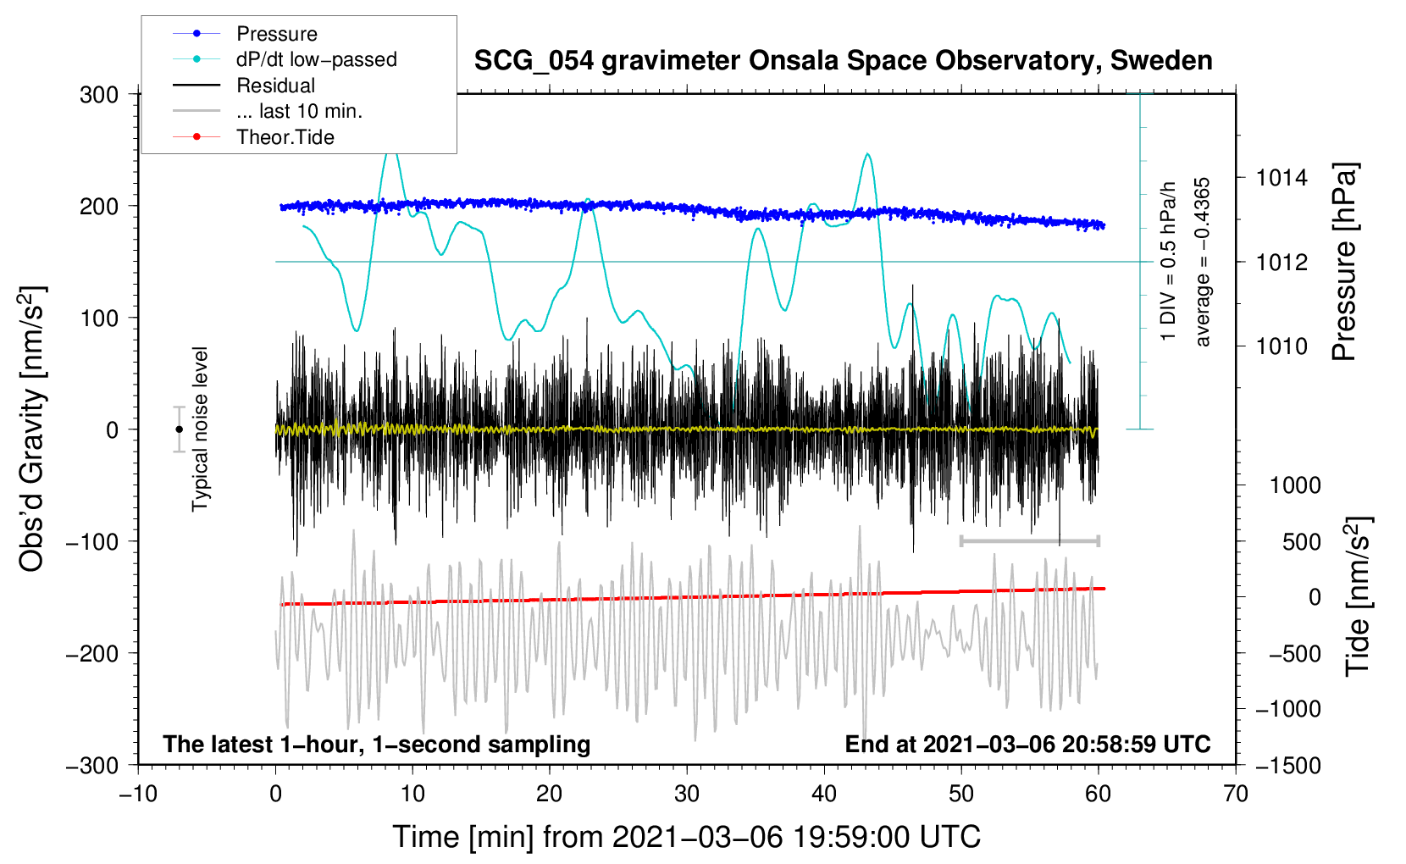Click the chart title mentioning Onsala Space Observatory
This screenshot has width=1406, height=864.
843,61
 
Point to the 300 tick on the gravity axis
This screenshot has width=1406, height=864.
99,95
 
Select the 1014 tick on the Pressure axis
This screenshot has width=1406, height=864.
1281,178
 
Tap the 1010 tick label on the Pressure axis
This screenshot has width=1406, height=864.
1281,346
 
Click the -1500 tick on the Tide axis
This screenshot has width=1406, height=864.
1287,765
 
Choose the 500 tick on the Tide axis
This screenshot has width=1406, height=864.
1301,541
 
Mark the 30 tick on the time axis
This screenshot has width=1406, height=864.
687,794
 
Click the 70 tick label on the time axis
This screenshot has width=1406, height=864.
1236,794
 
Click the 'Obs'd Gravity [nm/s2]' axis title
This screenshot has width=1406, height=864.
32,429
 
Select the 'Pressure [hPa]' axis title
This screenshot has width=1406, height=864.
1345,262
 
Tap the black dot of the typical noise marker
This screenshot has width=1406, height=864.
179,429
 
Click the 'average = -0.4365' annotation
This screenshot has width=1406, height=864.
1203,262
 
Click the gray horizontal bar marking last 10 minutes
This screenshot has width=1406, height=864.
1029,540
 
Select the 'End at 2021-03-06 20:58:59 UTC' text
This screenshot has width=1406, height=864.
1027,745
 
